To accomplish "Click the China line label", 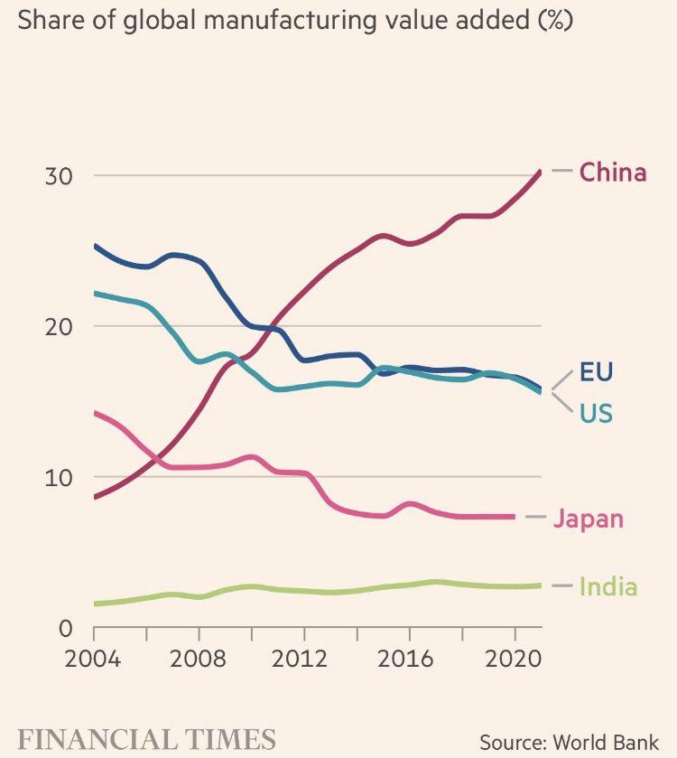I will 613,172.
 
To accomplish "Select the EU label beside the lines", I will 597,372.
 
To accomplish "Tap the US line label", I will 597,414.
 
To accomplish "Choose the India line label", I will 607,587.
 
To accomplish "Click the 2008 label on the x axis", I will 199,659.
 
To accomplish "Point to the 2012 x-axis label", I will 304,659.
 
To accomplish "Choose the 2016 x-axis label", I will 410,659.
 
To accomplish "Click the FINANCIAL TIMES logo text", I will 147,738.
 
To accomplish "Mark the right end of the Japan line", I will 515,517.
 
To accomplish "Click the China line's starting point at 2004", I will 95,497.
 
